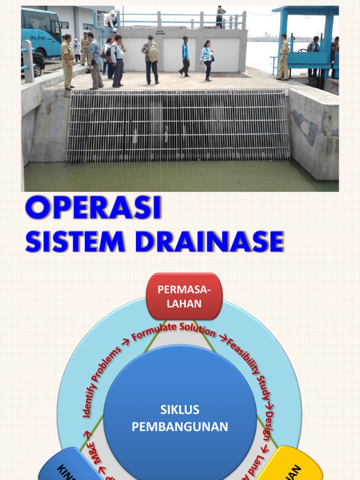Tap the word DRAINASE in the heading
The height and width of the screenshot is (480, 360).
tap(209, 242)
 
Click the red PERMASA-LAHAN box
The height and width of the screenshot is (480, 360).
tap(184, 297)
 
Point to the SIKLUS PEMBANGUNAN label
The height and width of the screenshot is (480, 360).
tap(180, 419)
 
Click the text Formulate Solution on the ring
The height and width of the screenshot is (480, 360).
tap(173, 331)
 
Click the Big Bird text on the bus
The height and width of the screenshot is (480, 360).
tap(37, 37)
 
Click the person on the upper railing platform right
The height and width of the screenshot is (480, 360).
tap(220, 16)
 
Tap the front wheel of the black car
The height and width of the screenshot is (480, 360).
tap(37, 70)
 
